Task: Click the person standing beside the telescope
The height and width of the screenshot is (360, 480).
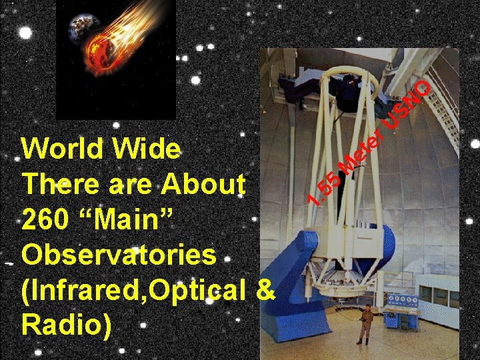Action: [365, 323]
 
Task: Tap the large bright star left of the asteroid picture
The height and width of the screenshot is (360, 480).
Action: [25, 33]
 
